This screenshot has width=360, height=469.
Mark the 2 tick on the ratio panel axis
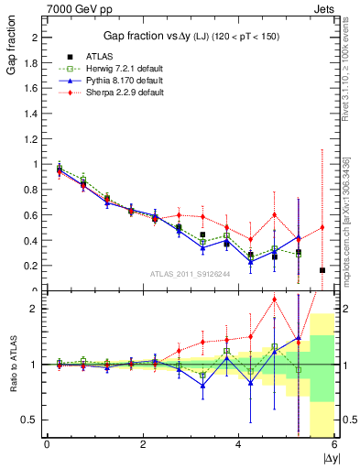click(x=36, y=309)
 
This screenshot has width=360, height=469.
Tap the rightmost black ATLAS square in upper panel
click(x=322, y=270)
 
